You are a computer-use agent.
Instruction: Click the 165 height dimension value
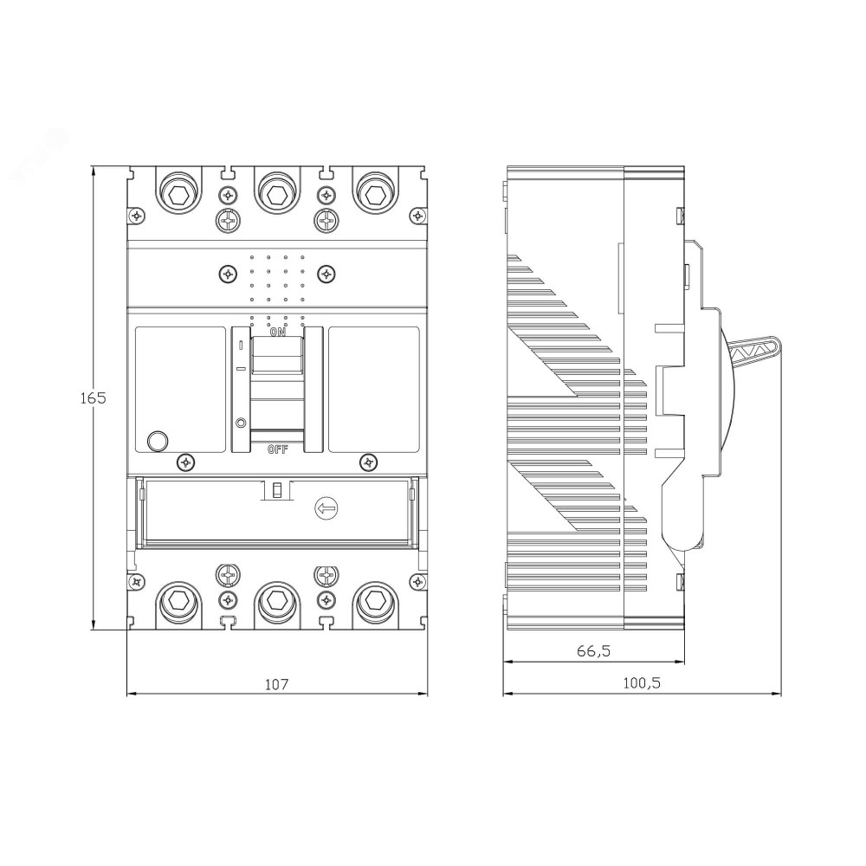tap(93, 397)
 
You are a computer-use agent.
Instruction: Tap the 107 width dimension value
tap(277, 684)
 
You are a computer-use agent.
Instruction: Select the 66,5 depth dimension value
tap(594, 651)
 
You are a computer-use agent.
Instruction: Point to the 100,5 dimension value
tap(642, 683)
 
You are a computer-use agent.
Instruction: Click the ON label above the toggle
tap(277, 333)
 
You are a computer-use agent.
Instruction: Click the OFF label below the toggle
tap(278, 449)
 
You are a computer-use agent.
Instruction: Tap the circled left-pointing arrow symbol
tap(326, 508)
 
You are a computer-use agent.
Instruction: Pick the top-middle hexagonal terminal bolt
tap(275, 194)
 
